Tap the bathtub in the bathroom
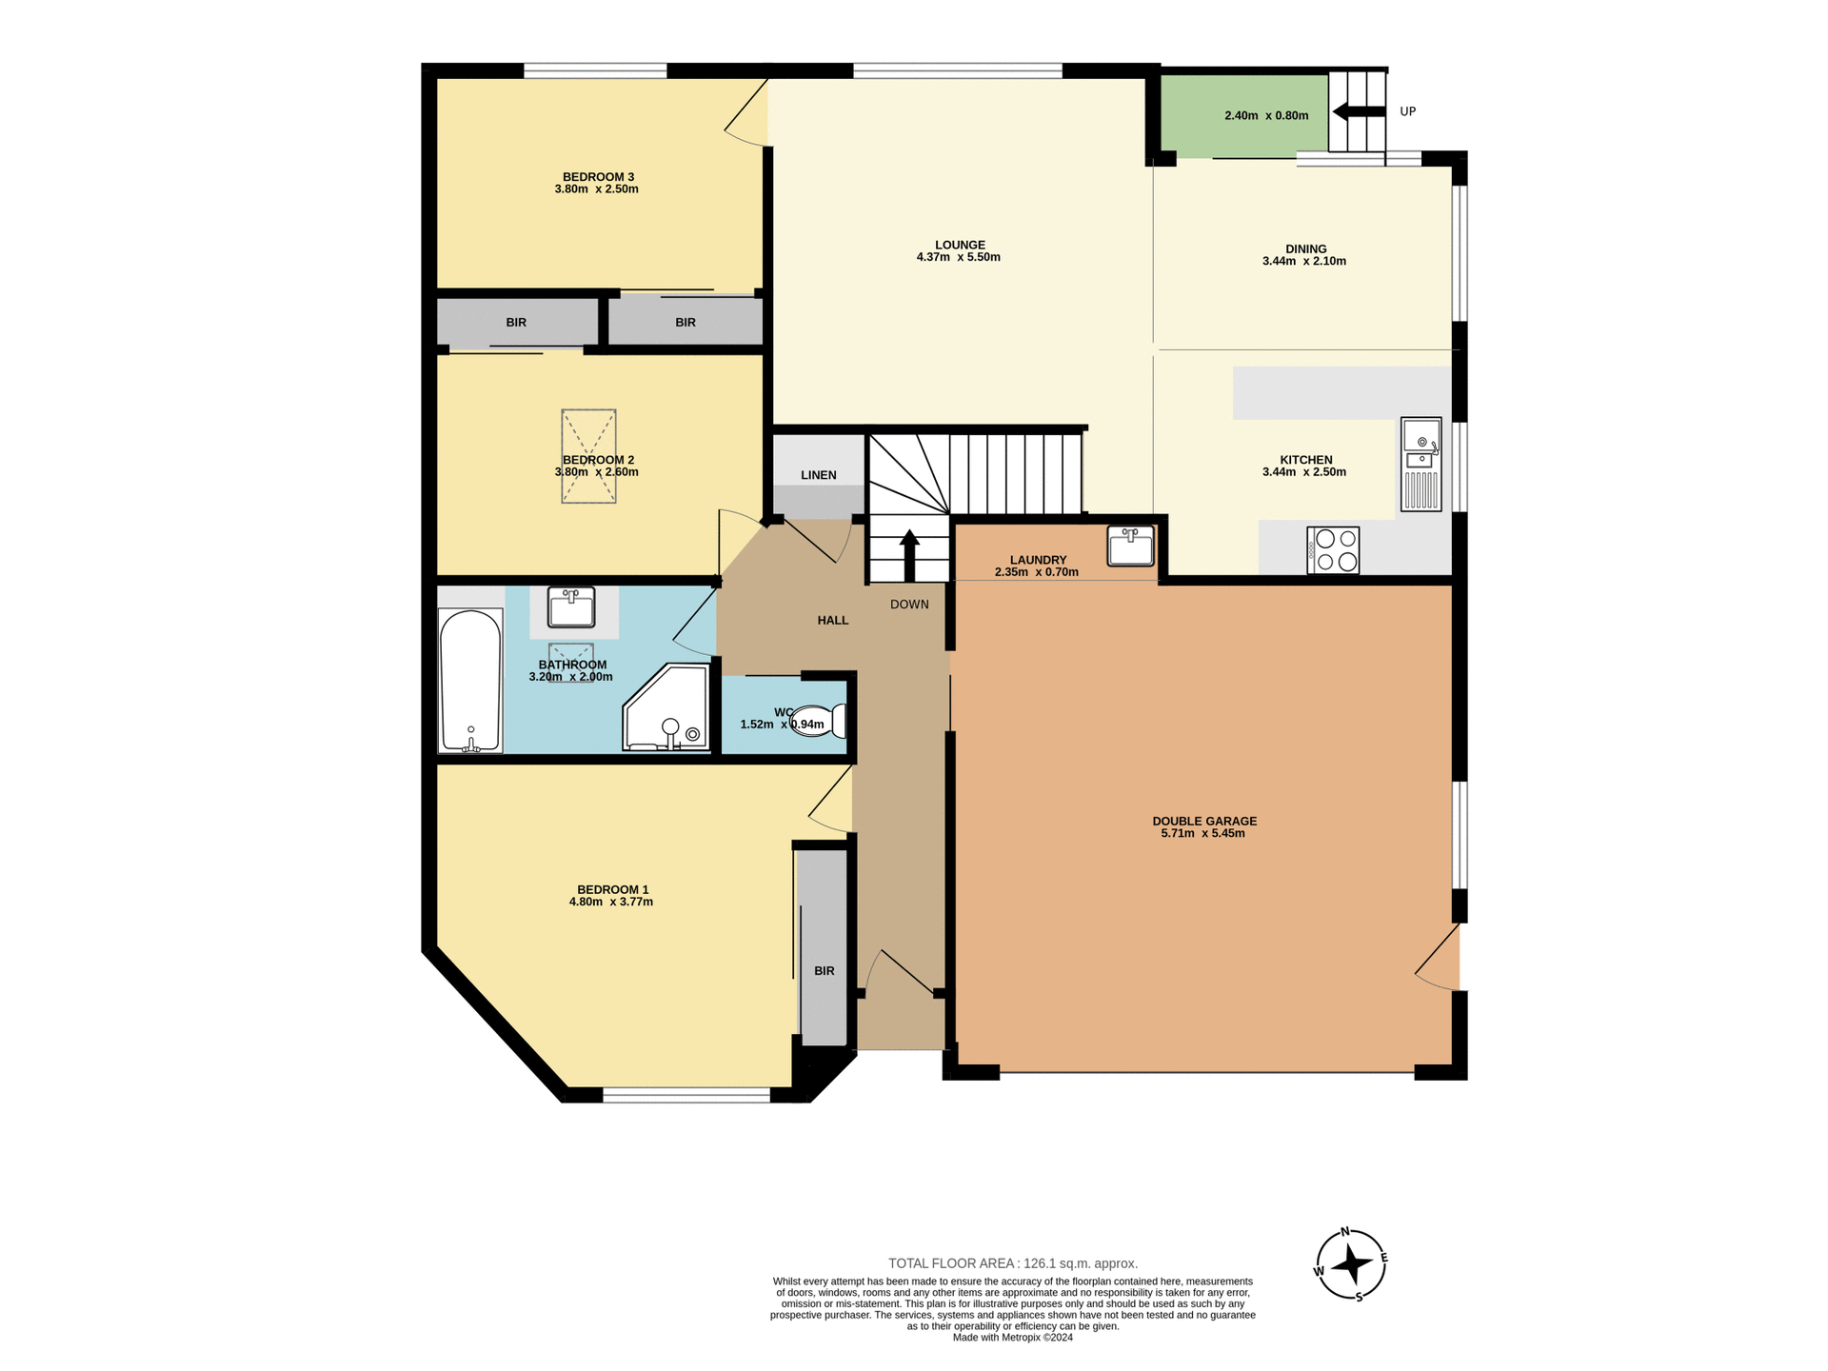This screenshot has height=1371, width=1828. click(x=470, y=680)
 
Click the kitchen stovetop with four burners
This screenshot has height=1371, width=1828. click(x=1333, y=550)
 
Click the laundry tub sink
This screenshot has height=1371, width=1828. click(x=1130, y=546)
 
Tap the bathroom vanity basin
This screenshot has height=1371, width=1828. click(x=571, y=606)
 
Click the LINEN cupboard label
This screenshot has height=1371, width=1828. click(x=819, y=475)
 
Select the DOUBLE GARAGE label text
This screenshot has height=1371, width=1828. click(x=1204, y=821)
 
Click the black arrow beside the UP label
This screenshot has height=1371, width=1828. click(x=1346, y=112)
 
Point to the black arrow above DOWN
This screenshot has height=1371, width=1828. click(x=909, y=554)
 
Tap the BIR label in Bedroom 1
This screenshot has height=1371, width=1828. click(x=825, y=971)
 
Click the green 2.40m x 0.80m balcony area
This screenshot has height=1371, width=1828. click(x=1243, y=115)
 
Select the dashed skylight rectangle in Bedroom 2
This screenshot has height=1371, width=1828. click(x=588, y=456)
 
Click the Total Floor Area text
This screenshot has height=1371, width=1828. click(x=1013, y=1263)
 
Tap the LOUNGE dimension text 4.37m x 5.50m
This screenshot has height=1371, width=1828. click(x=958, y=257)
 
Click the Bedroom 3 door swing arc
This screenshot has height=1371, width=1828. click(x=745, y=119)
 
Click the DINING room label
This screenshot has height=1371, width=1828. click(x=1305, y=248)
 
